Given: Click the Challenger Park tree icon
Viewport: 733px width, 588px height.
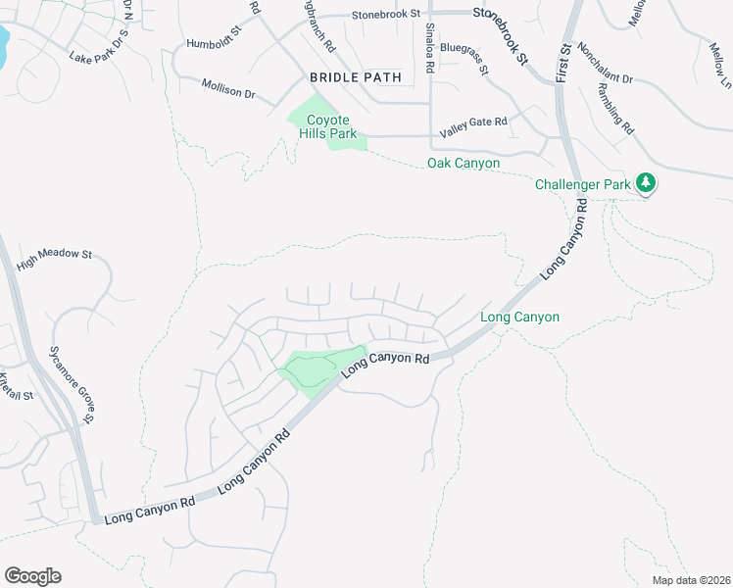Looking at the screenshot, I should click(x=645, y=183).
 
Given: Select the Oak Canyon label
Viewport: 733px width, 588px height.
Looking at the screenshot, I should click(x=464, y=163).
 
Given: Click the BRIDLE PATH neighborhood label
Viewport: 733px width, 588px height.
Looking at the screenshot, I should click(x=349, y=76).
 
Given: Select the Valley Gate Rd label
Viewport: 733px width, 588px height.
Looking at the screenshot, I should click(x=473, y=122).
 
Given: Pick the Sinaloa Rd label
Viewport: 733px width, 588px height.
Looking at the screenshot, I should click(x=429, y=49).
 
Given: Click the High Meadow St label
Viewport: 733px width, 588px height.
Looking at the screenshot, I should click(x=54, y=253).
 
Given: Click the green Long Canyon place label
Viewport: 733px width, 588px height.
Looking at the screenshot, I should click(x=519, y=317).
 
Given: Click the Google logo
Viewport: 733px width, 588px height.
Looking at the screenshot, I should click(x=32, y=575).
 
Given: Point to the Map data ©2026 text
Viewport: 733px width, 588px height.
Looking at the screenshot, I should click(x=691, y=580).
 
